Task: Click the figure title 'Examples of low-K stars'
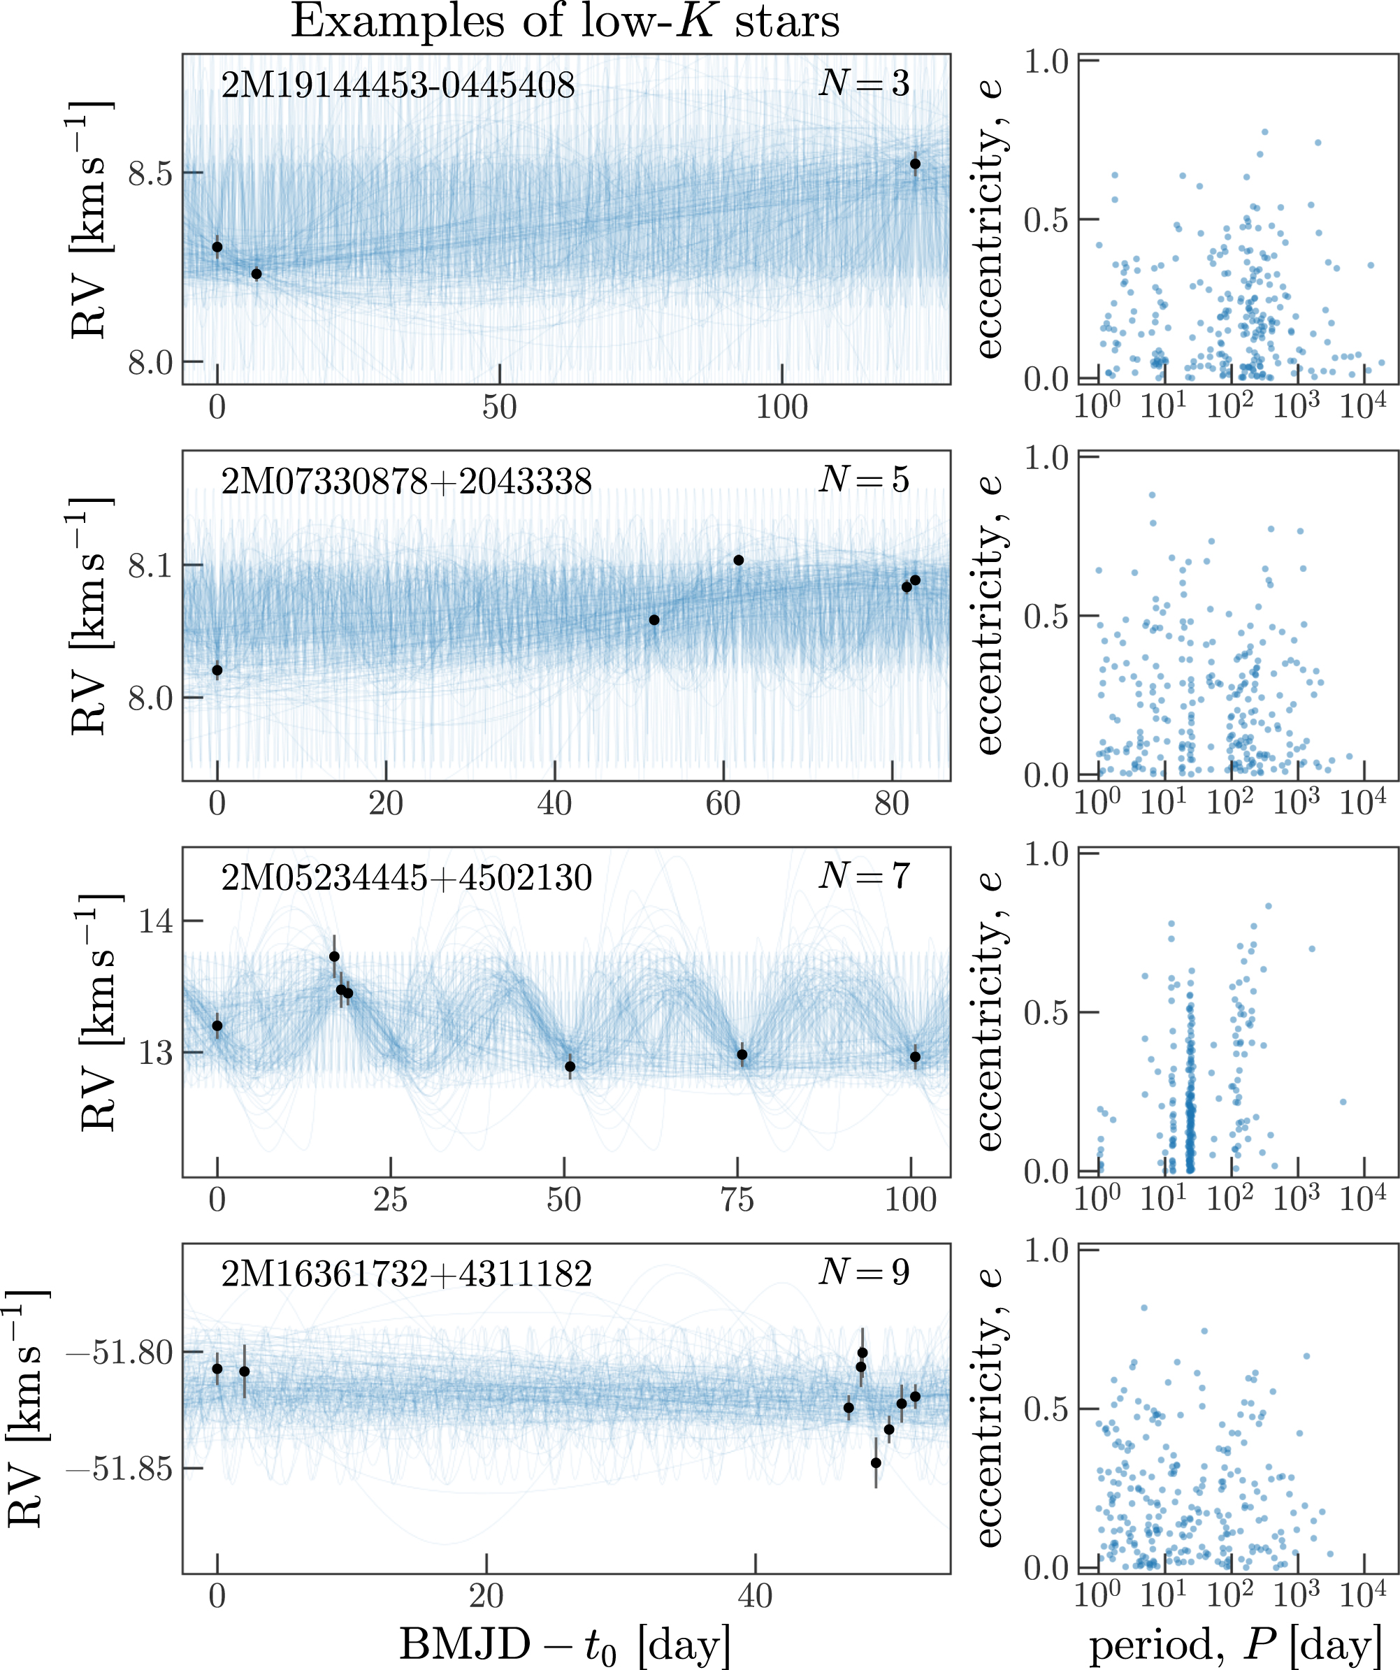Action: point(565,22)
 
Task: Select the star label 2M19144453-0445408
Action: point(398,85)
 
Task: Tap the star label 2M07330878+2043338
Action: point(406,482)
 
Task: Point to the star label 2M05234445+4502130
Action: point(406,878)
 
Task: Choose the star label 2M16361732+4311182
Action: point(406,1274)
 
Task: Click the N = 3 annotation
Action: point(864,82)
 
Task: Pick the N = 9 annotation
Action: point(864,1272)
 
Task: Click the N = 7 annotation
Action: point(864,877)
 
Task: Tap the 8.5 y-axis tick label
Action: point(150,174)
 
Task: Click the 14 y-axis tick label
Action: point(156,922)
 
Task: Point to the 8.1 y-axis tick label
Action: point(150,566)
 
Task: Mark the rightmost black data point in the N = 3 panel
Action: point(915,164)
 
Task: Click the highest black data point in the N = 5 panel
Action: point(739,560)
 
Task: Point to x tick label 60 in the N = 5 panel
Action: point(723,804)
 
